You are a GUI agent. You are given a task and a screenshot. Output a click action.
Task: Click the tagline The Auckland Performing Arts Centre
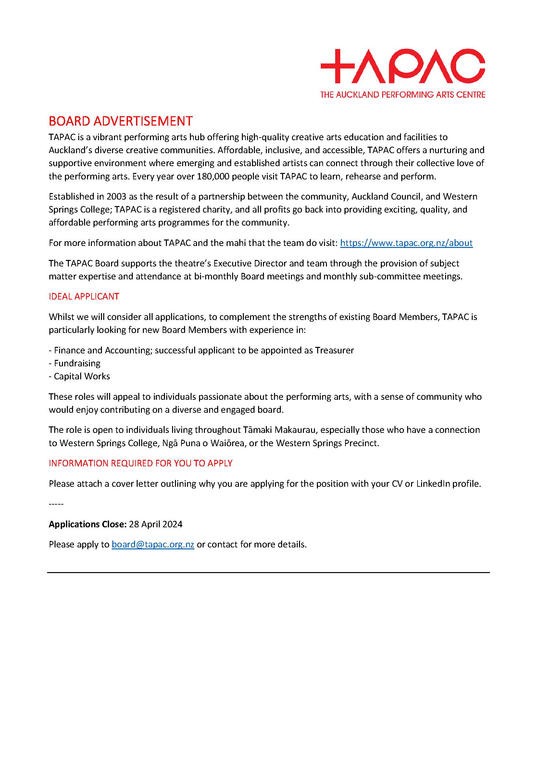pyautogui.click(x=402, y=95)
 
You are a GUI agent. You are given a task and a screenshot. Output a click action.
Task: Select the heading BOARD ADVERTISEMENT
pyautogui.click(x=120, y=121)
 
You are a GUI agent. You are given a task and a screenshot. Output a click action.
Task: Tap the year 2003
pyautogui.click(x=116, y=197)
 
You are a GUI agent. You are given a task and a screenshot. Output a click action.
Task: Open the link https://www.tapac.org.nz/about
pyautogui.click(x=406, y=243)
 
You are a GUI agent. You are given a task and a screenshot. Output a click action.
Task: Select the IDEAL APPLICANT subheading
pyautogui.click(x=84, y=297)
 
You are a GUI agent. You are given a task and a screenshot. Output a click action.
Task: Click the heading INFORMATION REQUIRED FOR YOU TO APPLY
pyautogui.click(x=141, y=463)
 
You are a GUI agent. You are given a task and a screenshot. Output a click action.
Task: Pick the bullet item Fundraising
pyautogui.click(x=77, y=363)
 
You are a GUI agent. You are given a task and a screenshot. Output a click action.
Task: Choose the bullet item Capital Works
pyautogui.click(x=82, y=376)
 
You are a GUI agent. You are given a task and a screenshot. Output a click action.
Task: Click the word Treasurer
pyautogui.click(x=334, y=350)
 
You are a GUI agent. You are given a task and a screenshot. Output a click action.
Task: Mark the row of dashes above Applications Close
pyautogui.click(x=56, y=504)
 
